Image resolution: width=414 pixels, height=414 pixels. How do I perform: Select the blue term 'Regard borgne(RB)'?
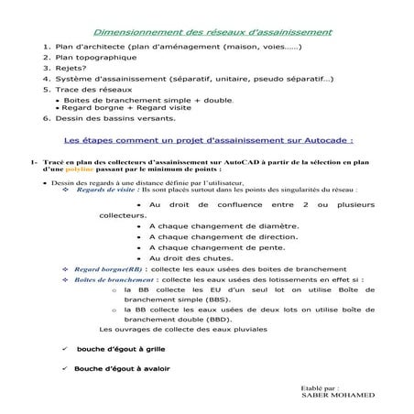point(108,270)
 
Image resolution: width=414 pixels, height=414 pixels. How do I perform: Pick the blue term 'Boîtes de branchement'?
point(114,280)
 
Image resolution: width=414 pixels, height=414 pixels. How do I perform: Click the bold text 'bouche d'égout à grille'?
point(123,349)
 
